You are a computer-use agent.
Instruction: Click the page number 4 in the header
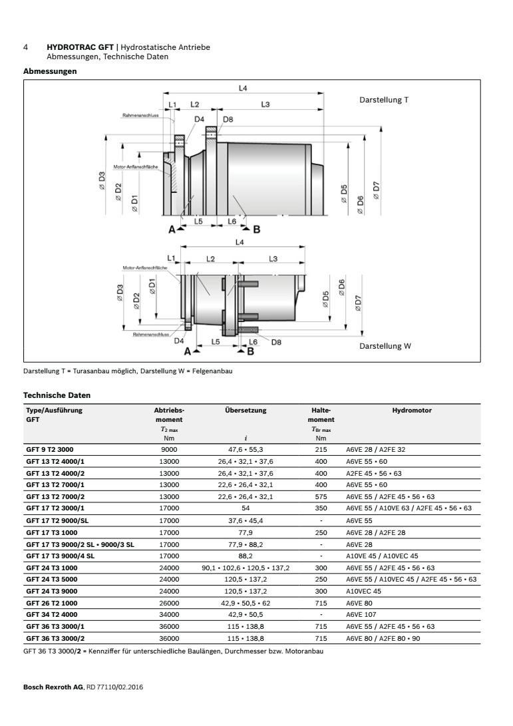(x=25, y=49)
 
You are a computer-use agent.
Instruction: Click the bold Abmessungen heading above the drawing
(x=49, y=71)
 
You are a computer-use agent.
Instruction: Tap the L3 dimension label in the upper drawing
(x=265, y=104)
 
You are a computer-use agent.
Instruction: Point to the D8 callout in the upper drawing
(x=228, y=119)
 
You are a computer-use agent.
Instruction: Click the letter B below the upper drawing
(x=256, y=230)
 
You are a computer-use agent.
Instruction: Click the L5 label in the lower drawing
(x=215, y=341)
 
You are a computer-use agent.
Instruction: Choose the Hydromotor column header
(x=412, y=411)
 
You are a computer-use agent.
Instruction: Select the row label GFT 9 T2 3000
(x=50, y=449)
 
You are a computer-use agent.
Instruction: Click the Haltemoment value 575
(x=321, y=496)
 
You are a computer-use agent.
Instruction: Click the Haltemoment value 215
(x=321, y=449)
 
